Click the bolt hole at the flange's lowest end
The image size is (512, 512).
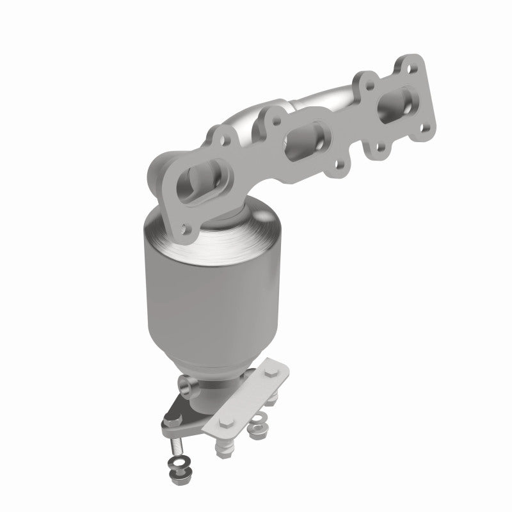click(186, 226)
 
